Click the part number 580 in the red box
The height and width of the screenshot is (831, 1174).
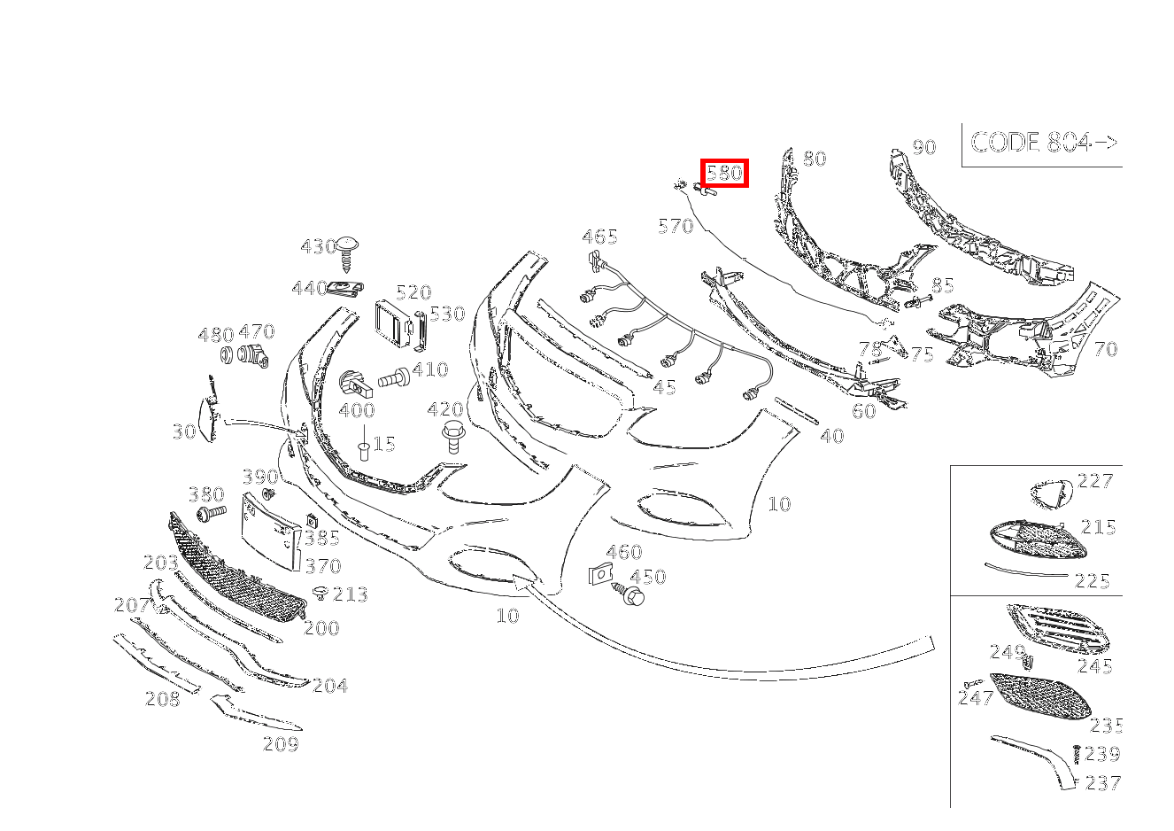point(724,173)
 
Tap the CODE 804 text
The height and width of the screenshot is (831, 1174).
point(1043,143)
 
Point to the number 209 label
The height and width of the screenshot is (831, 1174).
point(281,745)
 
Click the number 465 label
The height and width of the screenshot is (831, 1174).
point(599,237)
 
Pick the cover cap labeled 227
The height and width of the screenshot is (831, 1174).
point(1051,493)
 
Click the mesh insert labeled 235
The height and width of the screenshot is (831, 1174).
point(1041,696)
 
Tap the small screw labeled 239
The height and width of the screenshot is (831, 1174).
point(1076,754)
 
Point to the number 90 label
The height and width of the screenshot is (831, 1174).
point(923,147)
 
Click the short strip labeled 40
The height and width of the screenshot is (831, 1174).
point(797,413)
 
